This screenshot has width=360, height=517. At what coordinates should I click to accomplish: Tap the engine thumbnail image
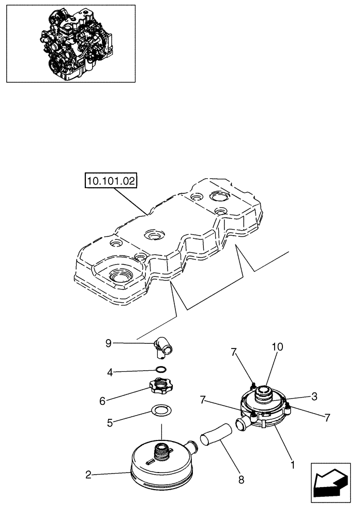tap(70, 43)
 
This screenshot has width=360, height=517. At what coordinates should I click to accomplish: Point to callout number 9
tap(108, 343)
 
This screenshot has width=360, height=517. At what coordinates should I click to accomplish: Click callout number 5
tap(110, 422)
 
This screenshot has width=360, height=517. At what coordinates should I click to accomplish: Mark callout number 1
tap(292, 464)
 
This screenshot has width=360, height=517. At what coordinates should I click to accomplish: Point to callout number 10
tap(278, 348)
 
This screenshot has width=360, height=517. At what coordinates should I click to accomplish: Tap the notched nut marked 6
tap(161, 386)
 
